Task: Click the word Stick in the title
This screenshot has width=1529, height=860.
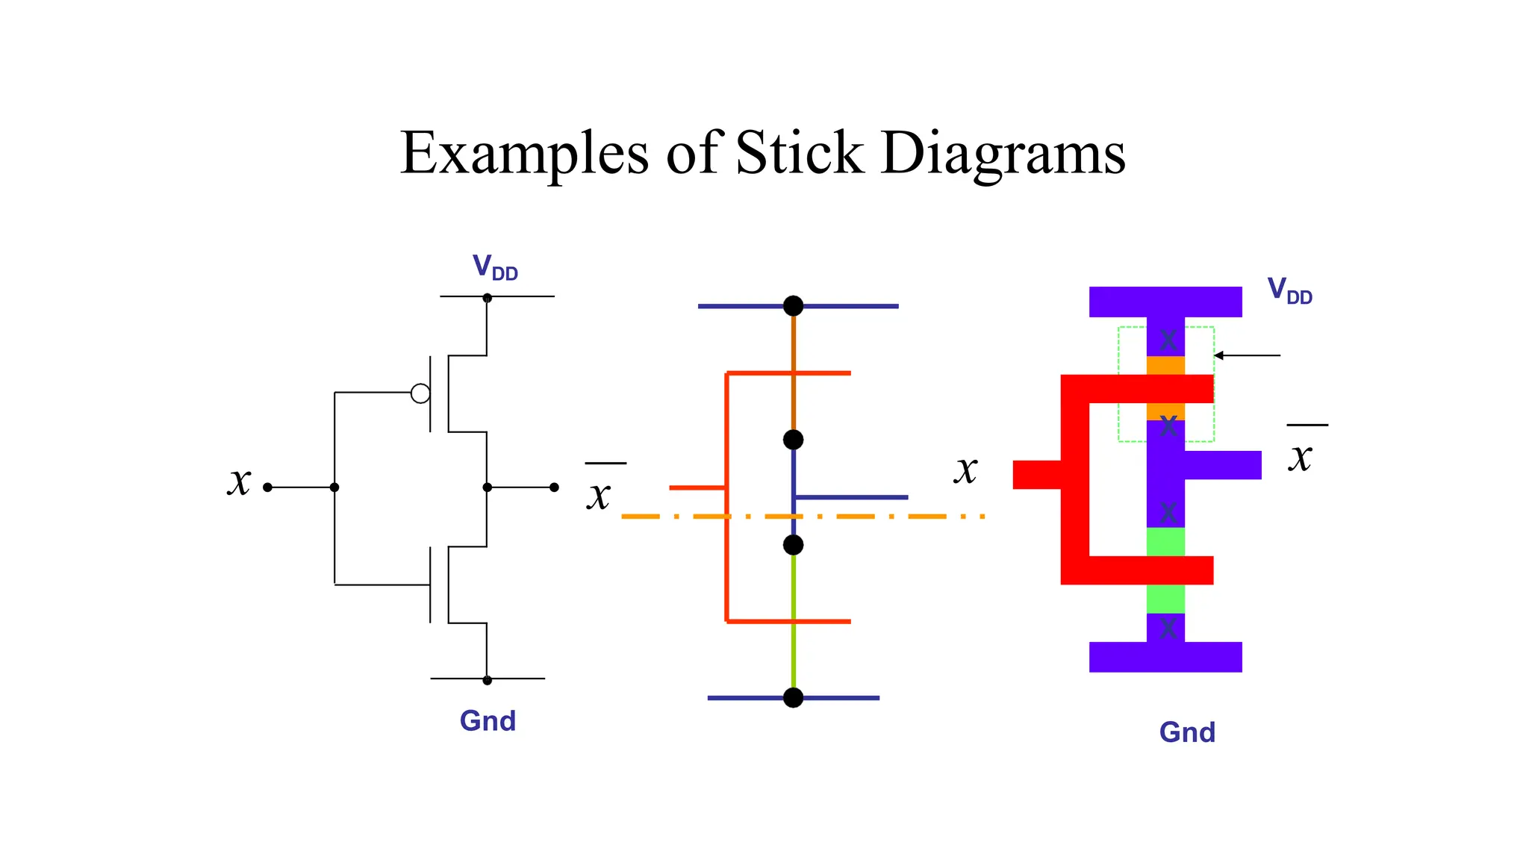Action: click(x=799, y=153)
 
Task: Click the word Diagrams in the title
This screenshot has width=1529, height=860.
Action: click(x=1003, y=155)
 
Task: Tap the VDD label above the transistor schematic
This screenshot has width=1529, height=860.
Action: click(x=495, y=267)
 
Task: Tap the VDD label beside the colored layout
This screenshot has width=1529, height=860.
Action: click(x=1289, y=290)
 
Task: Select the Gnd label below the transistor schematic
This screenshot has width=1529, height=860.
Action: click(x=488, y=721)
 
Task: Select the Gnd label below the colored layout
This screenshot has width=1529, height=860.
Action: click(x=1187, y=732)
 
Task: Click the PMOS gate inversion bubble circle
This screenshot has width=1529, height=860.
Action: click(x=420, y=393)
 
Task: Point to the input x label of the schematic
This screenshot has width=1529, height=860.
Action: click(x=239, y=481)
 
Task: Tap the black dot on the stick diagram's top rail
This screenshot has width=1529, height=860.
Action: click(x=793, y=306)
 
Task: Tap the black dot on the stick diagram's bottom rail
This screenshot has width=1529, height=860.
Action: click(x=793, y=697)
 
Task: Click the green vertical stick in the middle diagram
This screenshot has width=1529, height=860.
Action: click(x=793, y=620)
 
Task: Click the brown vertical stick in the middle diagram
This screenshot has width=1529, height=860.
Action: click(x=793, y=373)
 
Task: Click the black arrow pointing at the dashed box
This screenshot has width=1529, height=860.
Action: click(x=1247, y=355)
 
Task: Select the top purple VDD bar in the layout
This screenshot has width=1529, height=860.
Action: click(x=1165, y=302)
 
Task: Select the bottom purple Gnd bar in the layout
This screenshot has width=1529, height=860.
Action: click(x=1165, y=657)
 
